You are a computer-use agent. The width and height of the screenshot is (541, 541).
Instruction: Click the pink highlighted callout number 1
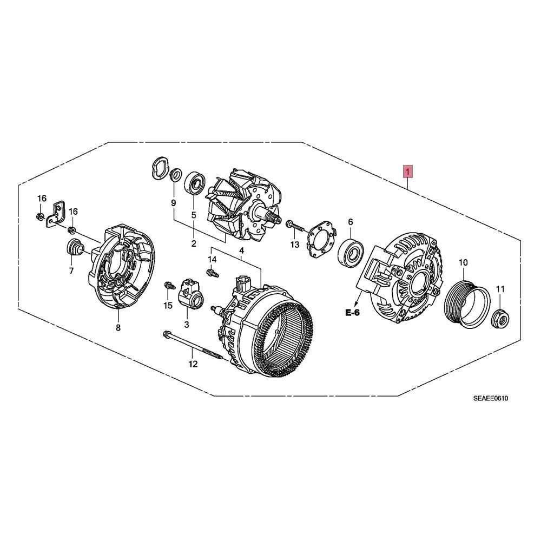coord(408,171)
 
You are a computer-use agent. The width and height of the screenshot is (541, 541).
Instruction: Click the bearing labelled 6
coord(351,252)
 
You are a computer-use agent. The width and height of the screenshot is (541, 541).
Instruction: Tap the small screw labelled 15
coord(169,285)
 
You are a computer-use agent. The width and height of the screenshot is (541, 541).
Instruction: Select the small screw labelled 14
coord(213,273)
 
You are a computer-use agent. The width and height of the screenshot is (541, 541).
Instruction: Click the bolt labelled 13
coord(294,226)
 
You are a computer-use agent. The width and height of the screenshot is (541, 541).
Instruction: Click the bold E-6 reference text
coord(352,313)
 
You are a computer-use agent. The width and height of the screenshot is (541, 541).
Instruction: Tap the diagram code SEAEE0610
coord(490,399)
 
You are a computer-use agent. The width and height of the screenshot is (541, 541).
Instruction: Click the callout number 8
coord(118,327)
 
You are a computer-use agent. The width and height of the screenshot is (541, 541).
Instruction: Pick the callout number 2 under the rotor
coord(194,243)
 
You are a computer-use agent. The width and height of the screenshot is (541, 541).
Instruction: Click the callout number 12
coord(193,364)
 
